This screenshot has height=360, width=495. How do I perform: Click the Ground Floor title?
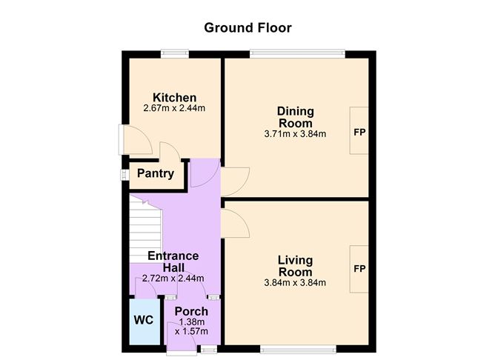(x=247, y=28)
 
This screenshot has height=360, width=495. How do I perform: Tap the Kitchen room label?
(x=174, y=98)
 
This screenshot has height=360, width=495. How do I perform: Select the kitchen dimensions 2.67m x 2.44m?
(x=174, y=108)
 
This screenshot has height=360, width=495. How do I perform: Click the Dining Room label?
(x=294, y=117)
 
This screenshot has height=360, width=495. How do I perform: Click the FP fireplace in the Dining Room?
(x=359, y=133)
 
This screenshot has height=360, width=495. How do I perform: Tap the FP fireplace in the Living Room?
(x=359, y=268)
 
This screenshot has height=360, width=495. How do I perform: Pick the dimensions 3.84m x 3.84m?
(x=295, y=282)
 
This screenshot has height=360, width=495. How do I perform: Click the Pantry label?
(x=156, y=174)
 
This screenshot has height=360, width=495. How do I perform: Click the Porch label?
(x=191, y=311)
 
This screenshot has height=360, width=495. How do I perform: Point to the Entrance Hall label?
(x=173, y=261)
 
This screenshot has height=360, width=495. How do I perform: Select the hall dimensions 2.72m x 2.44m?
(x=173, y=278)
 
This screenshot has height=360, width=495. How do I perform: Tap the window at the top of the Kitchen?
(x=175, y=53)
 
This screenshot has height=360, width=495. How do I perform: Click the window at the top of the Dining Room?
(x=296, y=53)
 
